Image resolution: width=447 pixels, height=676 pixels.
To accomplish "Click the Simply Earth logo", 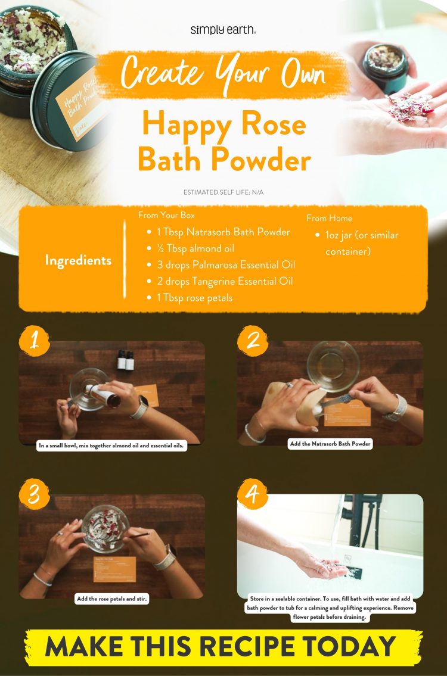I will click(x=223, y=30).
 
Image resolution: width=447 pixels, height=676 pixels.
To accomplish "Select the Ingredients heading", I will click(x=78, y=260).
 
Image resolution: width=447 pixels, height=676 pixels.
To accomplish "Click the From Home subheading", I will click(x=329, y=218).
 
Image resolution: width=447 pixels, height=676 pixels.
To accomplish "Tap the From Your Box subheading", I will click(x=166, y=215).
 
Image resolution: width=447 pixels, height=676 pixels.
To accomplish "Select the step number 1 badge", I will click(x=35, y=340).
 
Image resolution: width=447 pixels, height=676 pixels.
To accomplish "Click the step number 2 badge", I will click(x=253, y=340).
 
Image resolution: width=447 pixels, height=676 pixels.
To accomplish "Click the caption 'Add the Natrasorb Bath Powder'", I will click(x=330, y=444).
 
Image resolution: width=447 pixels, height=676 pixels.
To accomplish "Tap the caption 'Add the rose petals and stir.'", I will click(x=112, y=599).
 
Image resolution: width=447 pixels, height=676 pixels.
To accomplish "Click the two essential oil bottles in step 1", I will click(x=125, y=360).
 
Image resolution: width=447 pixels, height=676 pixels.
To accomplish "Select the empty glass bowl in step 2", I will click(x=332, y=365).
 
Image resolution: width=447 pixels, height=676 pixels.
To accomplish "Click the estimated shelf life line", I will click(x=223, y=192).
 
